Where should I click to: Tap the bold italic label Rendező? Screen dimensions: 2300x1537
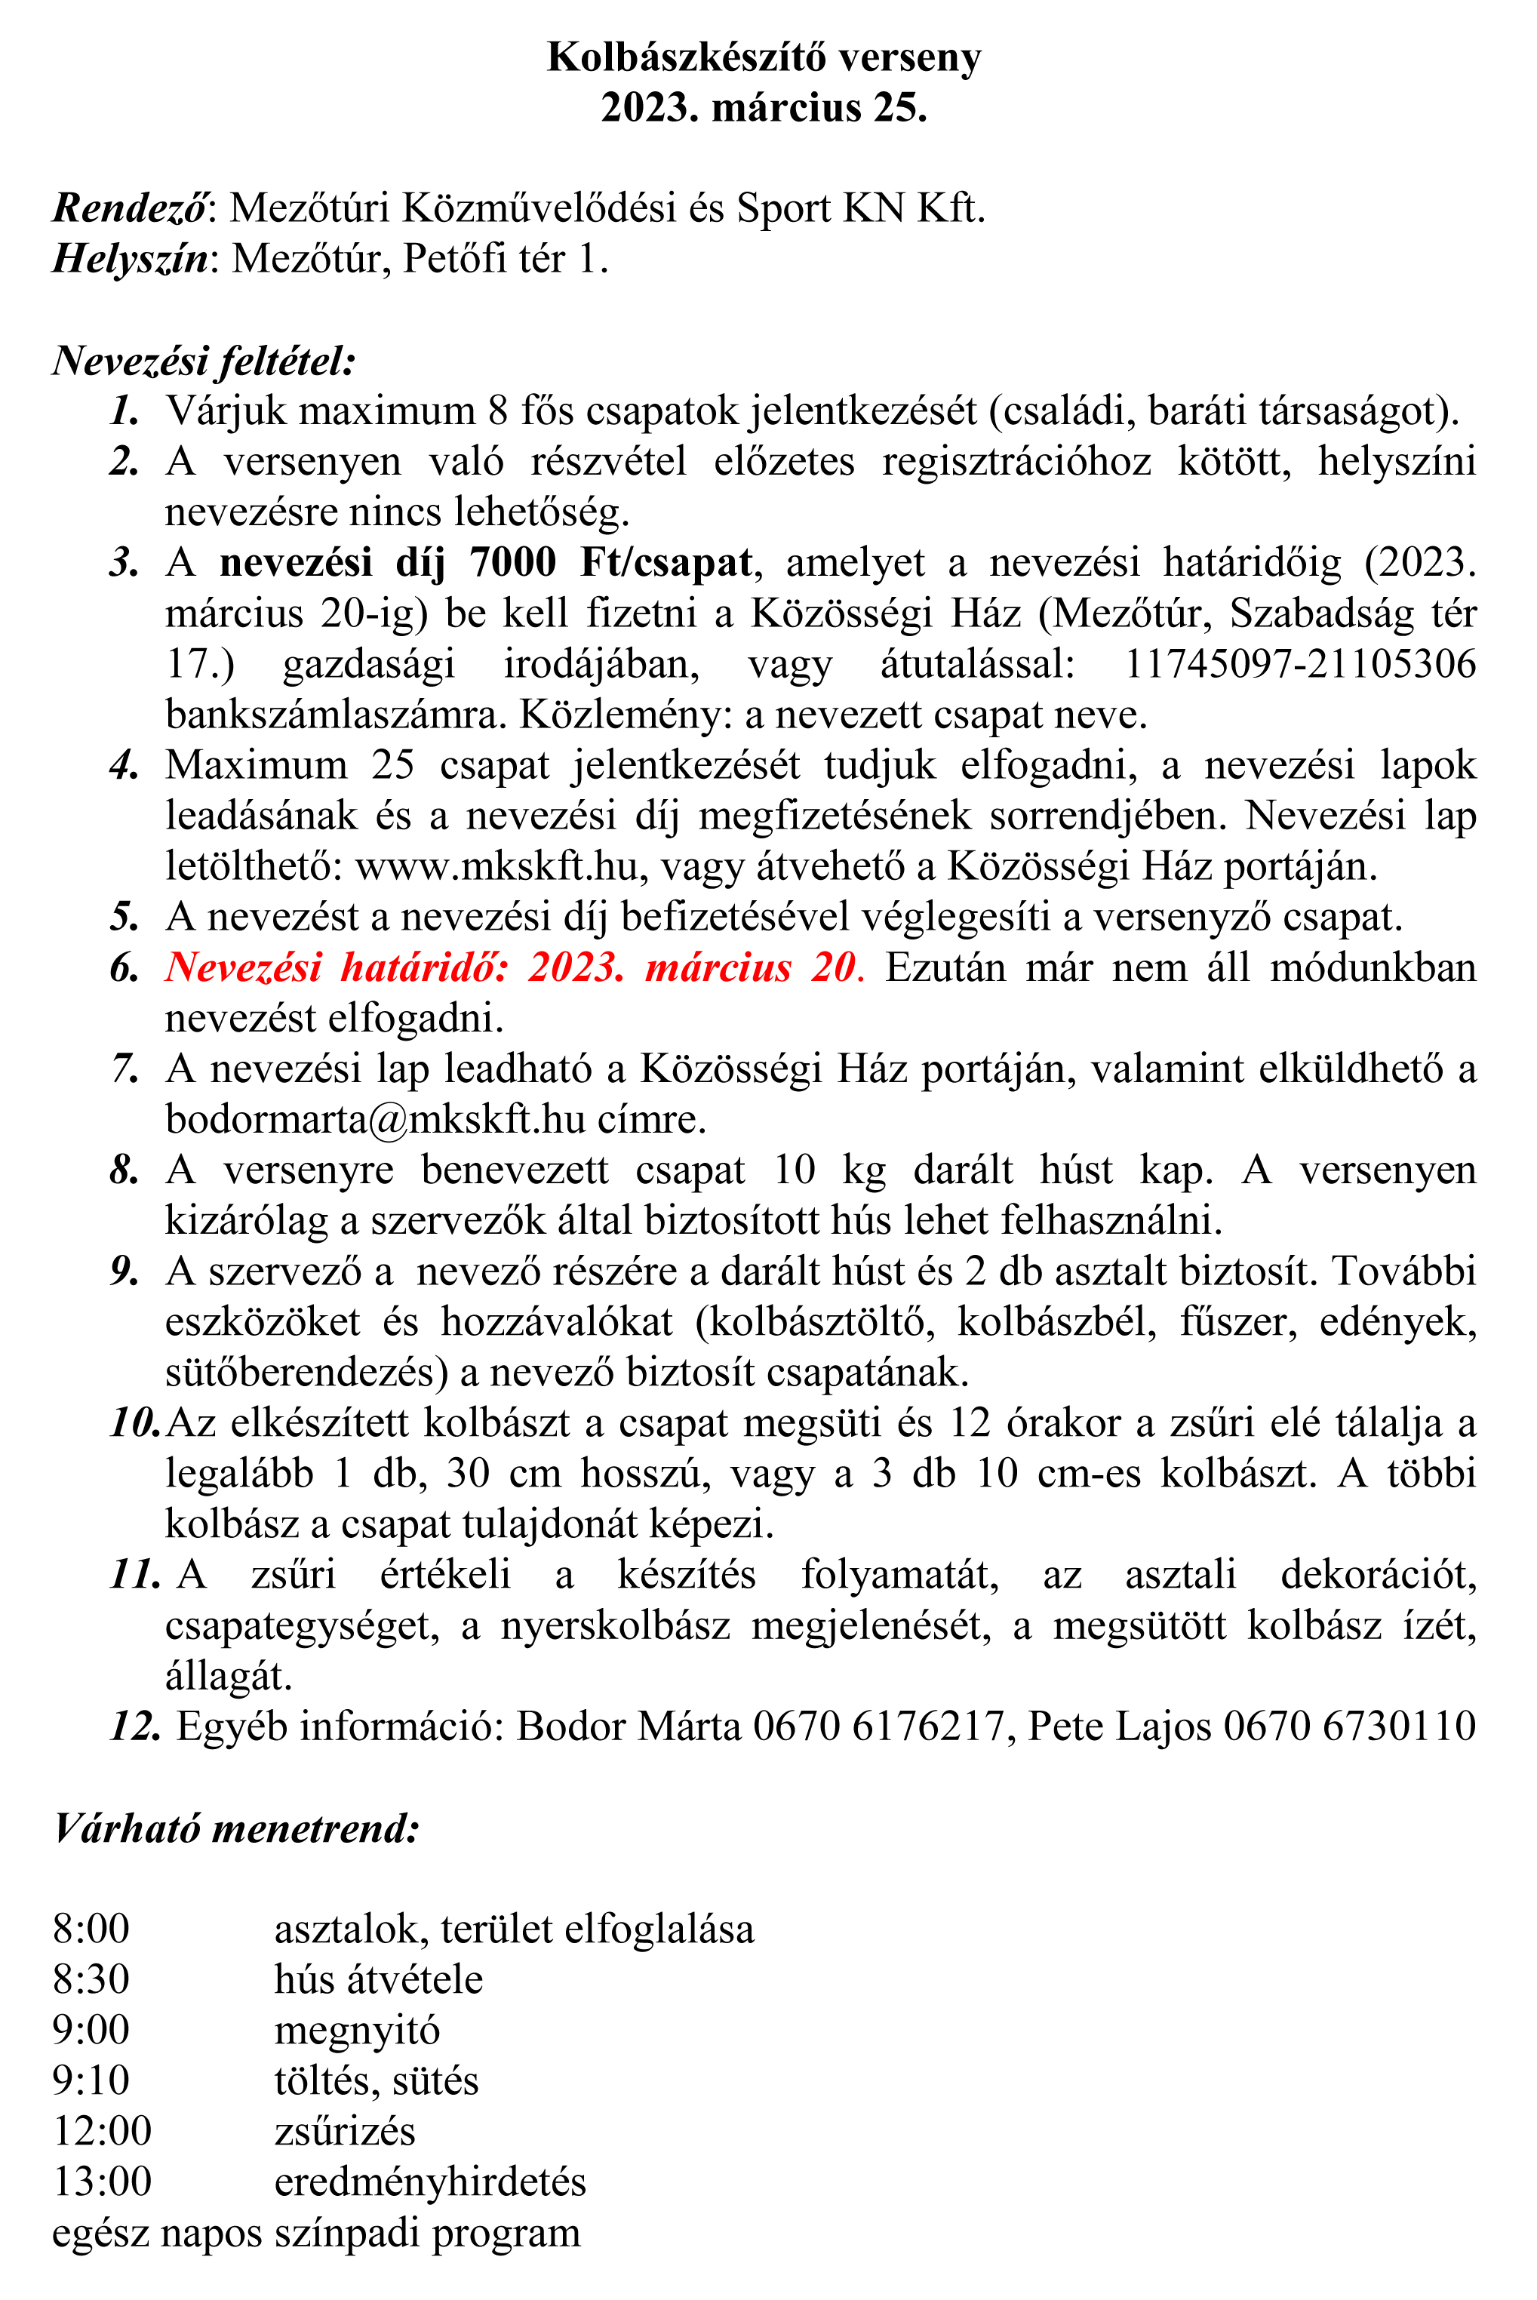[129, 208]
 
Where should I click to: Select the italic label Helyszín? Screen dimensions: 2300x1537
[129, 259]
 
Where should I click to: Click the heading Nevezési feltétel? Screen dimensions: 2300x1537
[203, 361]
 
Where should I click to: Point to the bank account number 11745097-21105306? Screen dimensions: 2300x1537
[1299, 664]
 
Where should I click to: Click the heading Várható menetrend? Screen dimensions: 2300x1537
[236, 1828]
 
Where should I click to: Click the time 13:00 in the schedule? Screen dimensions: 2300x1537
[102, 2182]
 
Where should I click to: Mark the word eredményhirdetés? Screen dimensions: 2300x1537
[429, 2182]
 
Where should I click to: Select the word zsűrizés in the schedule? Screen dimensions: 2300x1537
[344, 2132]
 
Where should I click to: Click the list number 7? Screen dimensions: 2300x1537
[124, 1069]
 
